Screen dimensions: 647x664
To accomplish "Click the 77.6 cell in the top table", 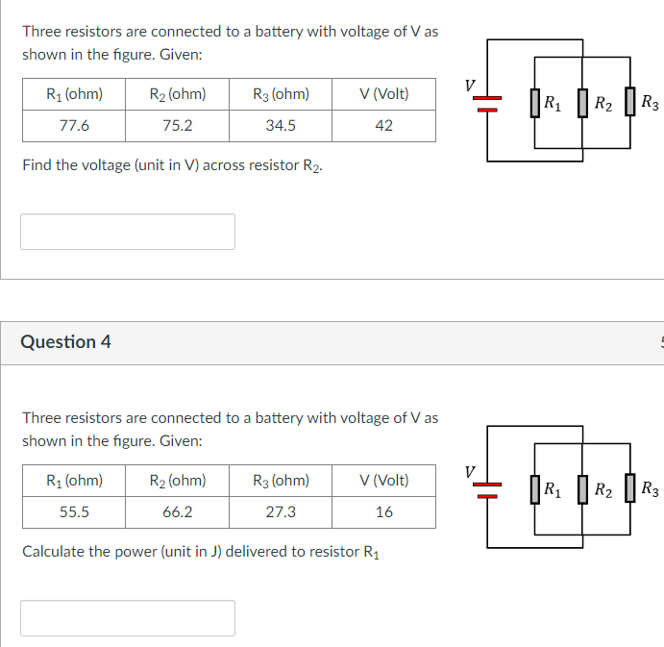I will tap(74, 125).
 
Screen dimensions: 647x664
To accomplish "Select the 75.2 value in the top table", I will tap(178, 125).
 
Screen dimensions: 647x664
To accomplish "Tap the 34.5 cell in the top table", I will tap(281, 125).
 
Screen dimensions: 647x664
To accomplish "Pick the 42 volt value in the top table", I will tap(383, 125).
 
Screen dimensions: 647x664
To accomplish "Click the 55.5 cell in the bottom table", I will tap(74, 511).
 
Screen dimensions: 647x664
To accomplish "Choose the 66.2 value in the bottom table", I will tap(178, 511).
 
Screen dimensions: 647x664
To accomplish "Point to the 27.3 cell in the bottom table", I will tap(281, 511).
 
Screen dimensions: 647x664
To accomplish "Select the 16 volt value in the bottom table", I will tap(383, 511).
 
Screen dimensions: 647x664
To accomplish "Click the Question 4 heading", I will tap(65, 342).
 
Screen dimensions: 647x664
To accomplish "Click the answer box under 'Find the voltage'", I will tap(128, 232).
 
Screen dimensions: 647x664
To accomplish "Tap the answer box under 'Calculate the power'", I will tap(128, 618).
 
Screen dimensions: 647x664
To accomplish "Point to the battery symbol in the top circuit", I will tap(487, 102).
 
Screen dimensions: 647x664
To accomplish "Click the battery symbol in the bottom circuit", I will tap(487, 488).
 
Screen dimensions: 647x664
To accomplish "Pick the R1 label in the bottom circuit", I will tap(553, 488).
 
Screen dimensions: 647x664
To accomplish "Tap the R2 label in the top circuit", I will tap(602, 102).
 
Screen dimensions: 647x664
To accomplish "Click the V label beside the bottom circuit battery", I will tap(469, 472).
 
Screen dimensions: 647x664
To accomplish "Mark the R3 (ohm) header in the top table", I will tap(281, 94).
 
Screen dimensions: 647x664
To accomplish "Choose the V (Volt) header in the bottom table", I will tap(383, 481).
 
